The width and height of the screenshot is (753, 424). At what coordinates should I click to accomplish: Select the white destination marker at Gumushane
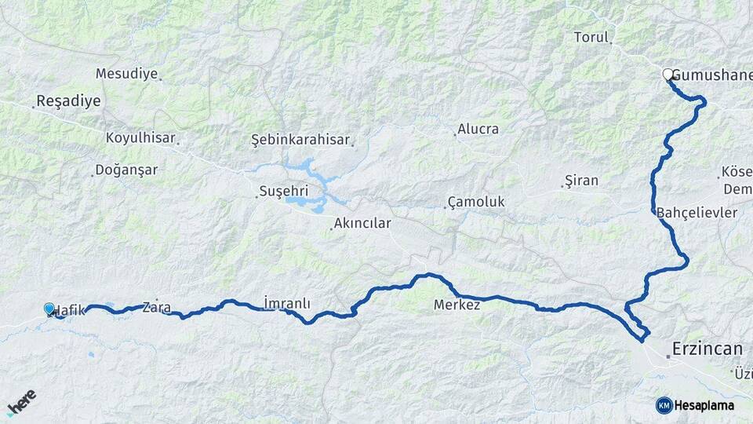(x=668, y=75)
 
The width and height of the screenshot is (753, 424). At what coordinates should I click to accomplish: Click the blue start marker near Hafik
(x=50, y=310)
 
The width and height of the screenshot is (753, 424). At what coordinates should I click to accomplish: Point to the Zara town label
(x=157, y=308)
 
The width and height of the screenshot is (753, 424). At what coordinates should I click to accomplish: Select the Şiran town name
(x=582, y=181)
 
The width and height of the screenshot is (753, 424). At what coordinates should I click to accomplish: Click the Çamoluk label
(x=476, y=202)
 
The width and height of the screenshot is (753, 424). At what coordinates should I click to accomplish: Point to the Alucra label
(x=478, y=129)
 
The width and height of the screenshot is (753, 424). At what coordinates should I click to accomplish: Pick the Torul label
(x=591, y=37)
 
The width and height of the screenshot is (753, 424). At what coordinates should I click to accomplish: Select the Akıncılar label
(x=362, y=223)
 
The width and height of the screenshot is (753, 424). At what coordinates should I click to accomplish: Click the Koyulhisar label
(x=140, y=137)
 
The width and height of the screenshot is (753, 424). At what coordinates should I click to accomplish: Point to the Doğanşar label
(x=125, y=170)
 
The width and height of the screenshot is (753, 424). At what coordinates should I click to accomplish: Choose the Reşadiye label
(x=68, y=101)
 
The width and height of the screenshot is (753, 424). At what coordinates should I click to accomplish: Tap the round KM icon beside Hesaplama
(x=664, y=405)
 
